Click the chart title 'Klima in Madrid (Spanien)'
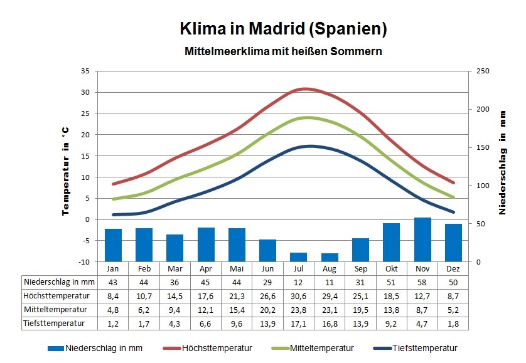[283, 28]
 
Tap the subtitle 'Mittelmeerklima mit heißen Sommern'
[283, 51]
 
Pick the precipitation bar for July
[299, 257]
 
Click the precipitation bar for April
[206, 245]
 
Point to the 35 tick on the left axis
[85, 71]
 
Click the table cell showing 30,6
[299, 296]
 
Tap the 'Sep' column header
[360, 268]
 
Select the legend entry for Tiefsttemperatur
[415, 348]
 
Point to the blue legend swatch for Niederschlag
[56, 349]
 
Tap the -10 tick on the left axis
[85, 261]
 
